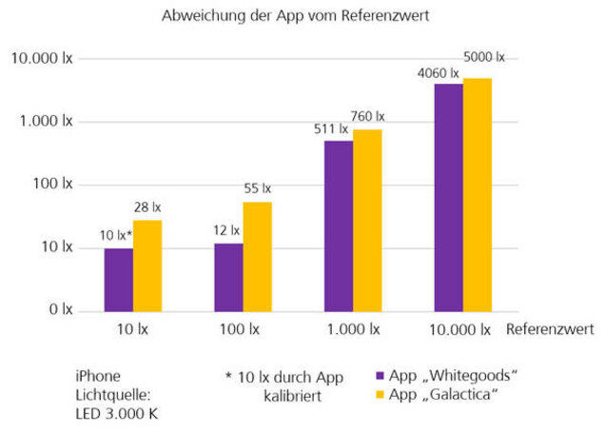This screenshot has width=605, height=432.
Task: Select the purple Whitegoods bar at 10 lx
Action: tap(119, 279)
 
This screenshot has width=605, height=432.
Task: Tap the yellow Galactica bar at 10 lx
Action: tap(147, 265)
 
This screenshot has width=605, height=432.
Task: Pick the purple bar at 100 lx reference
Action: tap(228, 277)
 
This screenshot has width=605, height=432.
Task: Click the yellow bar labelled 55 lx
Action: tap(257, 256)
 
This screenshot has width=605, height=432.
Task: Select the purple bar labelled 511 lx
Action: tap(339, 226)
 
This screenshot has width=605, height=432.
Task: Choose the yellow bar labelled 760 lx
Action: tap(367, 220)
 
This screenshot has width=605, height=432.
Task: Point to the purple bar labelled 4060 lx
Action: tap(448, 197)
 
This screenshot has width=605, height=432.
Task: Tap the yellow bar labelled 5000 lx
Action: tap(478, 194)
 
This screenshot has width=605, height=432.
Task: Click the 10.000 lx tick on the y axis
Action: tap(41, 59)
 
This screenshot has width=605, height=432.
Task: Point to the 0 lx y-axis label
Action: tap(60, 310)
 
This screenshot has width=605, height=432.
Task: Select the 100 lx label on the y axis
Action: tap(52, 185)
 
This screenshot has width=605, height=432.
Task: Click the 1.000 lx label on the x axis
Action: tap(353, 330)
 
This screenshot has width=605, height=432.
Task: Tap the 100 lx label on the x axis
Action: tap(243, 330)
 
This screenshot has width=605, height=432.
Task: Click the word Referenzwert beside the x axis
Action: tap(550, 330)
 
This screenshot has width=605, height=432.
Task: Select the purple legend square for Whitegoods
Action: tap(381, 374)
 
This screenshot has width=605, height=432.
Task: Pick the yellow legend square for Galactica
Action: tap(381, 393)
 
